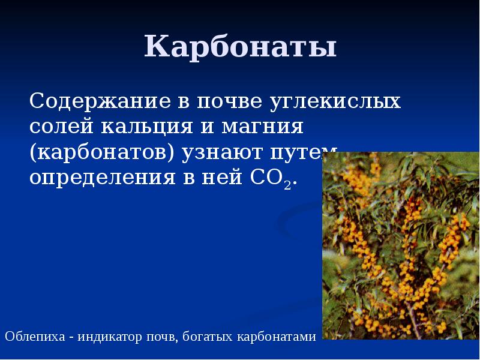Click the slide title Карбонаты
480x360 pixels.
240,47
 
